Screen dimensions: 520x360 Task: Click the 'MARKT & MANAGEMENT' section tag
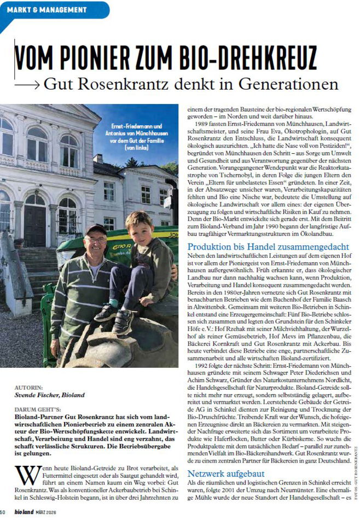47,10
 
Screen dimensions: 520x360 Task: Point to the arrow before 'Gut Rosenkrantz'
27,85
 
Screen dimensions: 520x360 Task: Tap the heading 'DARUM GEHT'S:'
37,409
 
